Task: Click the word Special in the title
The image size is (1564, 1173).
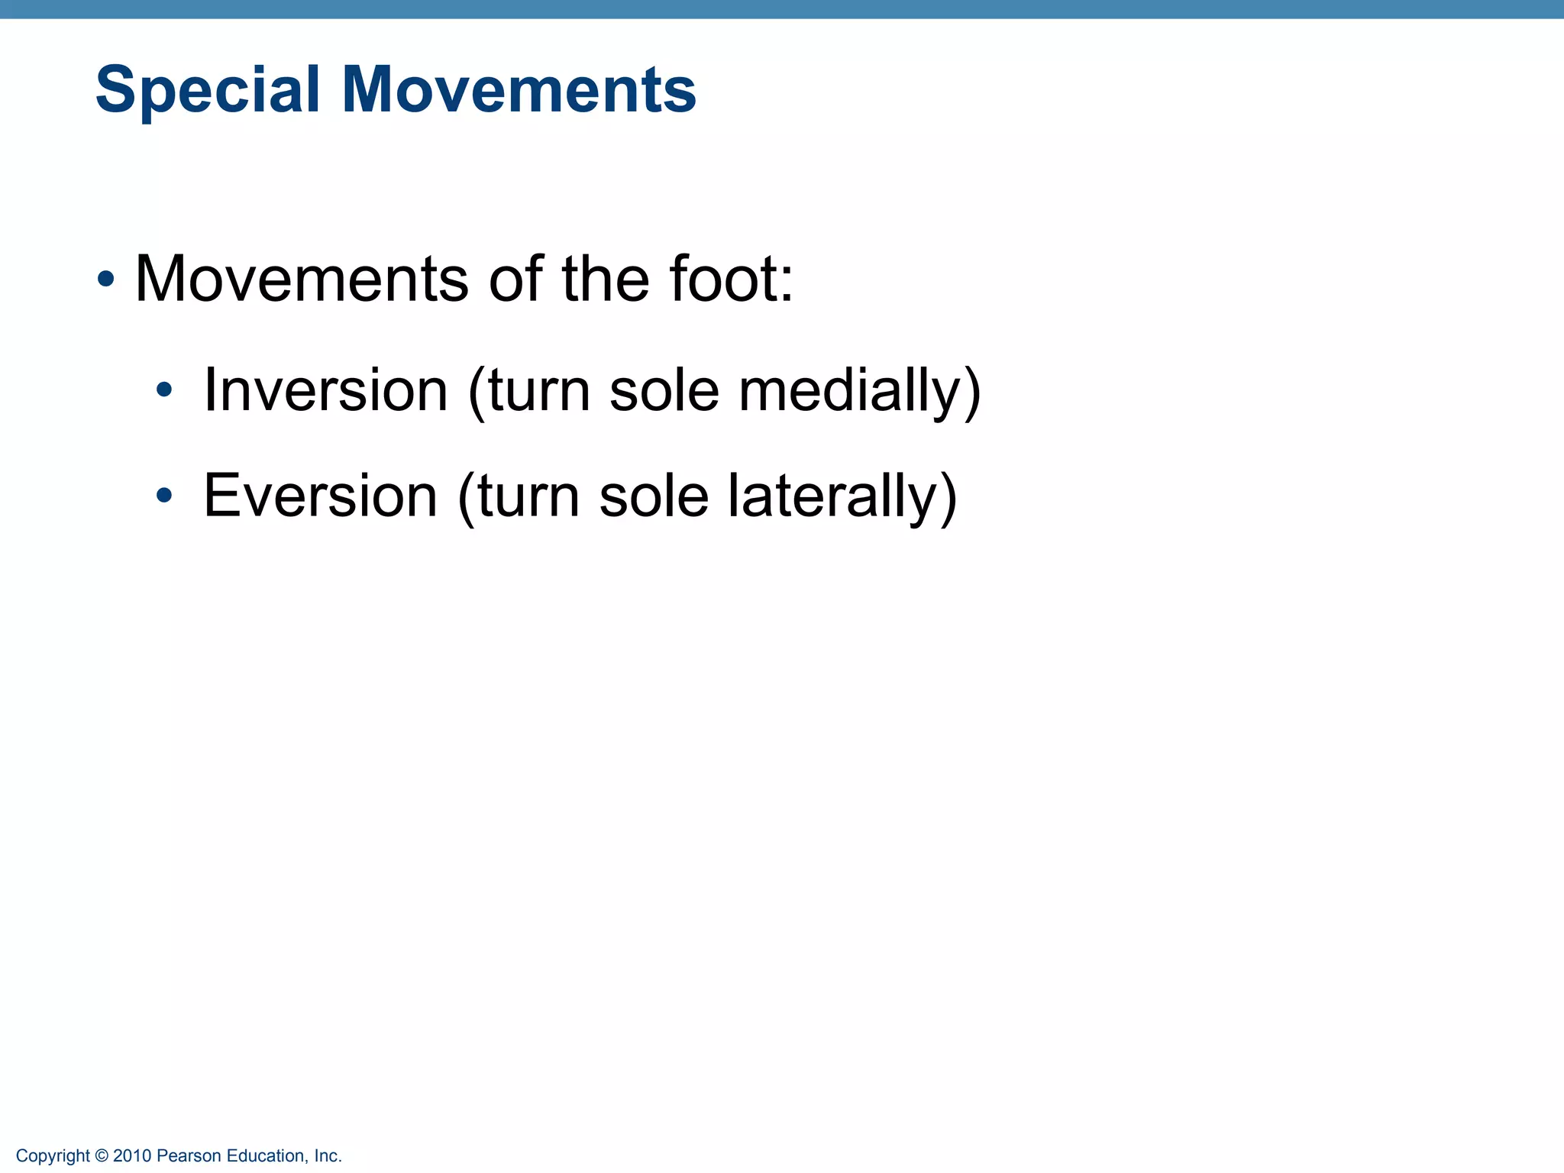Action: coord(207,90)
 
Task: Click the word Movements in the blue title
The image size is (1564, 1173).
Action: coord(519,90)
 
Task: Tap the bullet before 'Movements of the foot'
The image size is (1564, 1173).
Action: coord(106,280)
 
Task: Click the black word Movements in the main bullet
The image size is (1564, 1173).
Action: coord(301,279)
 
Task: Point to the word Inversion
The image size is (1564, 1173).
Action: coord(325,390)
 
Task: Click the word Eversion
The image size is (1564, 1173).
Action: coord(320,496)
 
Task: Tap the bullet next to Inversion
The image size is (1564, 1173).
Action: coord(163,391)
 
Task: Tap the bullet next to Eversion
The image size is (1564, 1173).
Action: coord(163,496)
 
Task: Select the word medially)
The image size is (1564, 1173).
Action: coord(860,390)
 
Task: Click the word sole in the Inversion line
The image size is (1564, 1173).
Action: coord(664,390)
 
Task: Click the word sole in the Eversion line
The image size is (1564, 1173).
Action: coord(654,496)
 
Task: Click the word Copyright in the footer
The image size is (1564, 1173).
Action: coord(53,1156)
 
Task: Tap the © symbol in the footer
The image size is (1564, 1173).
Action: coord(102,1156)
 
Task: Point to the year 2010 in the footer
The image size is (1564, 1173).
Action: coord(132,1156)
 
